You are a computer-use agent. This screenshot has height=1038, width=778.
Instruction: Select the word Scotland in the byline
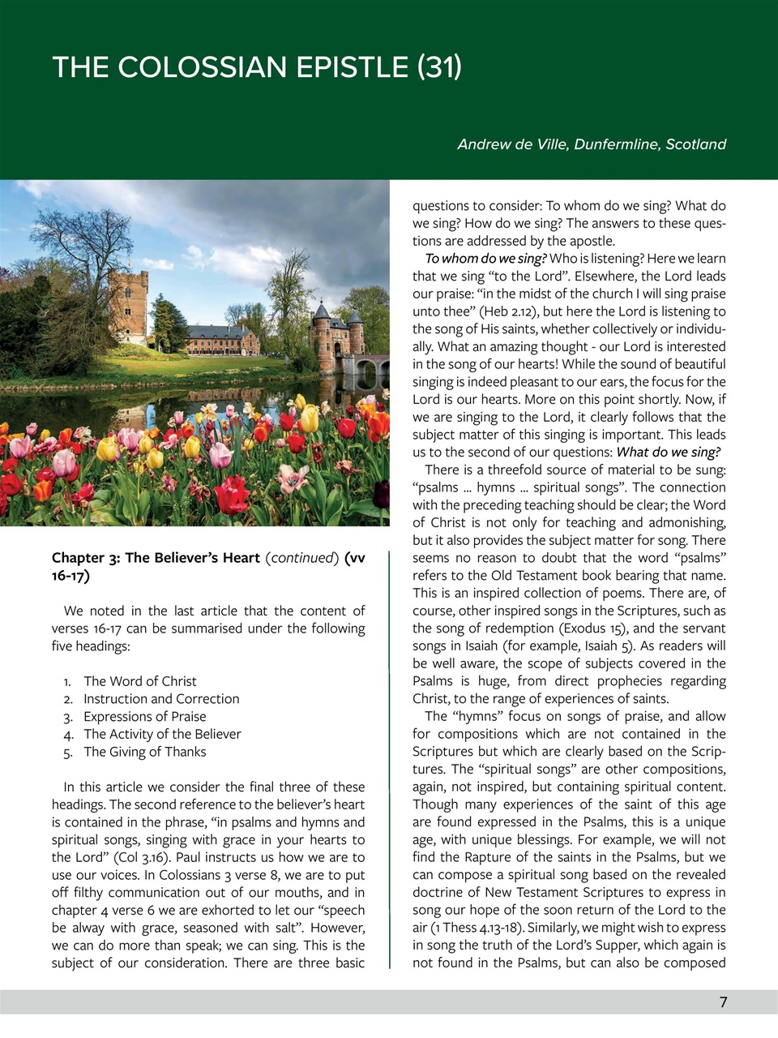[x=695, y=144]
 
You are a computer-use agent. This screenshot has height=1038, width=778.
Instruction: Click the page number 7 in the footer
[x=723, y=1002]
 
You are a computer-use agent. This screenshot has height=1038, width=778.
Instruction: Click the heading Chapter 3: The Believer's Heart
[x=156, y=558]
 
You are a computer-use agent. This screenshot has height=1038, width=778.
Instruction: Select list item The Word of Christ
[x=139, y=681]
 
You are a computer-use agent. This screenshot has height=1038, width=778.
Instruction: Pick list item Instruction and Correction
[x=161, y=699]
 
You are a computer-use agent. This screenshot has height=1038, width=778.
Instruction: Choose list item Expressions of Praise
[x=144, y=717]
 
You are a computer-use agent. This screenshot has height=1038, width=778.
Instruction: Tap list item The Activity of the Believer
[x=162, y=734]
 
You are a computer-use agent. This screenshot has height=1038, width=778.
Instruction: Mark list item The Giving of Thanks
[x=144, y=752]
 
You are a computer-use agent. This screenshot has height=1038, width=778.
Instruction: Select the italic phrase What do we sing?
[x=668, y=453]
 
